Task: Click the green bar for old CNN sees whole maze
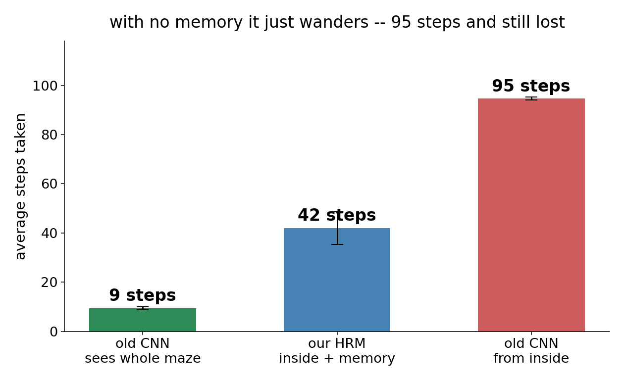[x=143, y=320]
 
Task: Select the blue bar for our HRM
[x=337, y=280]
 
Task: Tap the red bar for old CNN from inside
[x=531, y=215]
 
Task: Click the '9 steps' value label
[x=142, y=295]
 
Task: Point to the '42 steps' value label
[x=337, y=215]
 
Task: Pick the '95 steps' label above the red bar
[x=531, y=86]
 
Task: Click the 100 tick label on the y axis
[x=45, y=86]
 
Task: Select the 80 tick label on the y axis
[x=50, y=135]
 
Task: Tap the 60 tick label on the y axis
[x=50, y=184]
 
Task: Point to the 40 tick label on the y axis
[x=50, y=233]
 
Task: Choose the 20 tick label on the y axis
[x=50, y=283]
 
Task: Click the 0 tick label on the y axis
[x=54, y=332]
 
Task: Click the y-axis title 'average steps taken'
[x=20, y=187]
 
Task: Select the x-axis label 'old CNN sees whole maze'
[x=143, y=351]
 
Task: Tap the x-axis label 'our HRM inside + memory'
[x=337, y=351]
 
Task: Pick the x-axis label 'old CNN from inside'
[x=531, y=351]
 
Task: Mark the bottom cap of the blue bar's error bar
[x=337, y=244]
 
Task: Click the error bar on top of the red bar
[x=531, y=98]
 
